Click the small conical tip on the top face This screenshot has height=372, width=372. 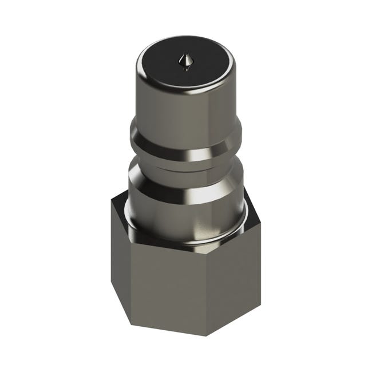click(x=185, y=60)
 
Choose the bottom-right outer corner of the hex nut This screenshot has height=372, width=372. click(x=261, y=298)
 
